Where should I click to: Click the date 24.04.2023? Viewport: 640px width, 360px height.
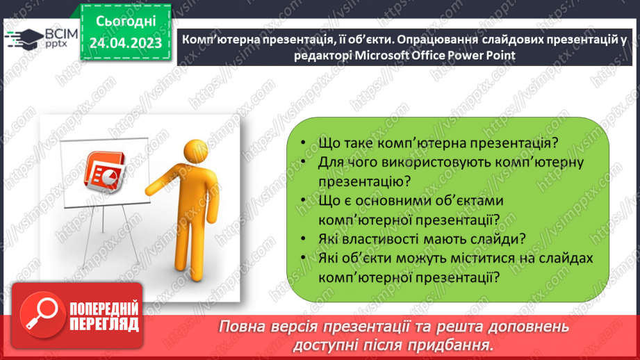[x=125, y=43]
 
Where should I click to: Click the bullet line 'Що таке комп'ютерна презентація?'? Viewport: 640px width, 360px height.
[x=438, y=145]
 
